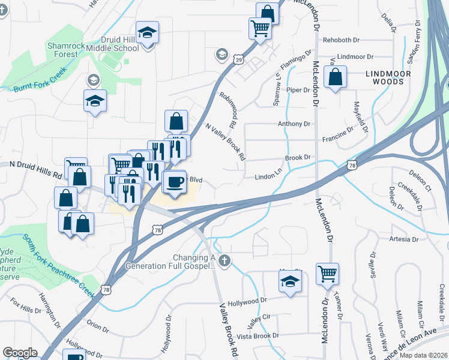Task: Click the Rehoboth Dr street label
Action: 340,40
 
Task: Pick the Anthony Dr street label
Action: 294,124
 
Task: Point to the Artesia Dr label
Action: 403,239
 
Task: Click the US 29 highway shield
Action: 238,60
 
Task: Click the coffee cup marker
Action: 174,181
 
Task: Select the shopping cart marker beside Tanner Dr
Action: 327,274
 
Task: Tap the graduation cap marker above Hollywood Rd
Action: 290,281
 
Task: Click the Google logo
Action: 20,353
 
